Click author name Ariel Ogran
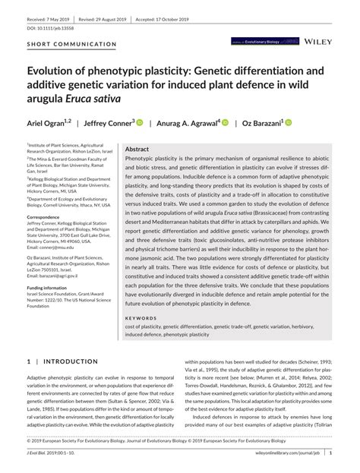48,122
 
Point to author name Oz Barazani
261,122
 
